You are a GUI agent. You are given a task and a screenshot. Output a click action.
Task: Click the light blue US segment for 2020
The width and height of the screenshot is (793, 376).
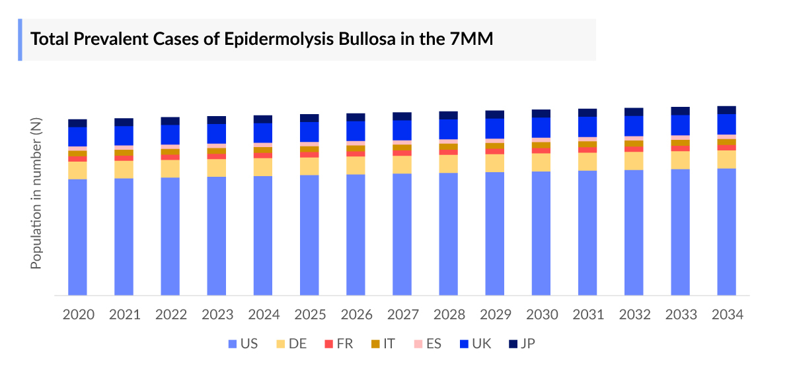coord(78,237)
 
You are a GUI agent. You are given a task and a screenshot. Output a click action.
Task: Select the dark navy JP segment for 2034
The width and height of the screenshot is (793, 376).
coord(727,110)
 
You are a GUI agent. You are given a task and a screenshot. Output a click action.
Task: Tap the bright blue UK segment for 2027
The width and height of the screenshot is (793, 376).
coord(402,130)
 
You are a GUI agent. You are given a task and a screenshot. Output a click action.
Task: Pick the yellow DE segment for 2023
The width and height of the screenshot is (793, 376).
coord(217,168)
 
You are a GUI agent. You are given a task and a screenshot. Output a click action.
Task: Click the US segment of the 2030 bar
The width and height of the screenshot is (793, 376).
coord(541,234)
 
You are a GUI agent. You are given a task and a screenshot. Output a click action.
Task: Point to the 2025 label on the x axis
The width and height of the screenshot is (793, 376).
coord(309,315)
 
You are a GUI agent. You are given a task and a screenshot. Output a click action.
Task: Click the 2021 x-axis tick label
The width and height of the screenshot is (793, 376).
coord(124,315)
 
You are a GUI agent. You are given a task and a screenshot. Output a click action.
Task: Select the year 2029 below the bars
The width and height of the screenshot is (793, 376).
coord(495,315)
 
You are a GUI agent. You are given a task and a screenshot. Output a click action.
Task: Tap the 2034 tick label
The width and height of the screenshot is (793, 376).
coord(727,315)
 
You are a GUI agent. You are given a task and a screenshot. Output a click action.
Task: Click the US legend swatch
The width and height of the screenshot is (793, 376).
coord(232,344)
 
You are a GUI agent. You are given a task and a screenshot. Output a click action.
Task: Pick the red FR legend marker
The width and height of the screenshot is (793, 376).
coord(328,344)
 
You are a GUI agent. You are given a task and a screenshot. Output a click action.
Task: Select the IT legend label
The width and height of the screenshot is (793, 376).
coord(389,344)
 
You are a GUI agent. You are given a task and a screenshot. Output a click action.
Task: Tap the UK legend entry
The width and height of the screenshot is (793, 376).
coord(486,344)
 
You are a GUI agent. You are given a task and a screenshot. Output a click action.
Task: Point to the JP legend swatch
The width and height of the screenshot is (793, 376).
coord(513,344)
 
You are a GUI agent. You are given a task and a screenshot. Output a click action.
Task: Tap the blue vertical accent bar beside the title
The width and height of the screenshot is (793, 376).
coord(20,40)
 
